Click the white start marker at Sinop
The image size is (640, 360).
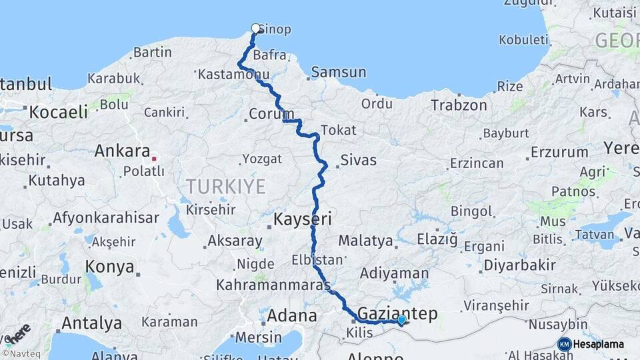pyautogui.click(x=255, y=28)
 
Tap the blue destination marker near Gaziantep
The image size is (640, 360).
pyautogui.click(x=401, y=319)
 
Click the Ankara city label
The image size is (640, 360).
pyautogui.click(x=121, y=151)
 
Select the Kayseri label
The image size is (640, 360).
pyautogui.click(x=303, y=219)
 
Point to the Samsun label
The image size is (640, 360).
pyautogui.click(x=339, y=72)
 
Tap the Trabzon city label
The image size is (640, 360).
pyautogui.click(x=459, y=105)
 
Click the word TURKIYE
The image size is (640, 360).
pyautogui.click(x=225, y=186)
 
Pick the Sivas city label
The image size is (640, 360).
pyautogui.click(x=358, y=160)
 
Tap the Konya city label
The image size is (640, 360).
pyautogui.click(x=109, y=267)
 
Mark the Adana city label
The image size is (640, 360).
pyautogui.click(x=292, y=315)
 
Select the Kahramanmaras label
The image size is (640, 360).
pyautogui.click(x=272, y=285)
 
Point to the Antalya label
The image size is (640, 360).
pyautogui.click(x=91, y=323)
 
